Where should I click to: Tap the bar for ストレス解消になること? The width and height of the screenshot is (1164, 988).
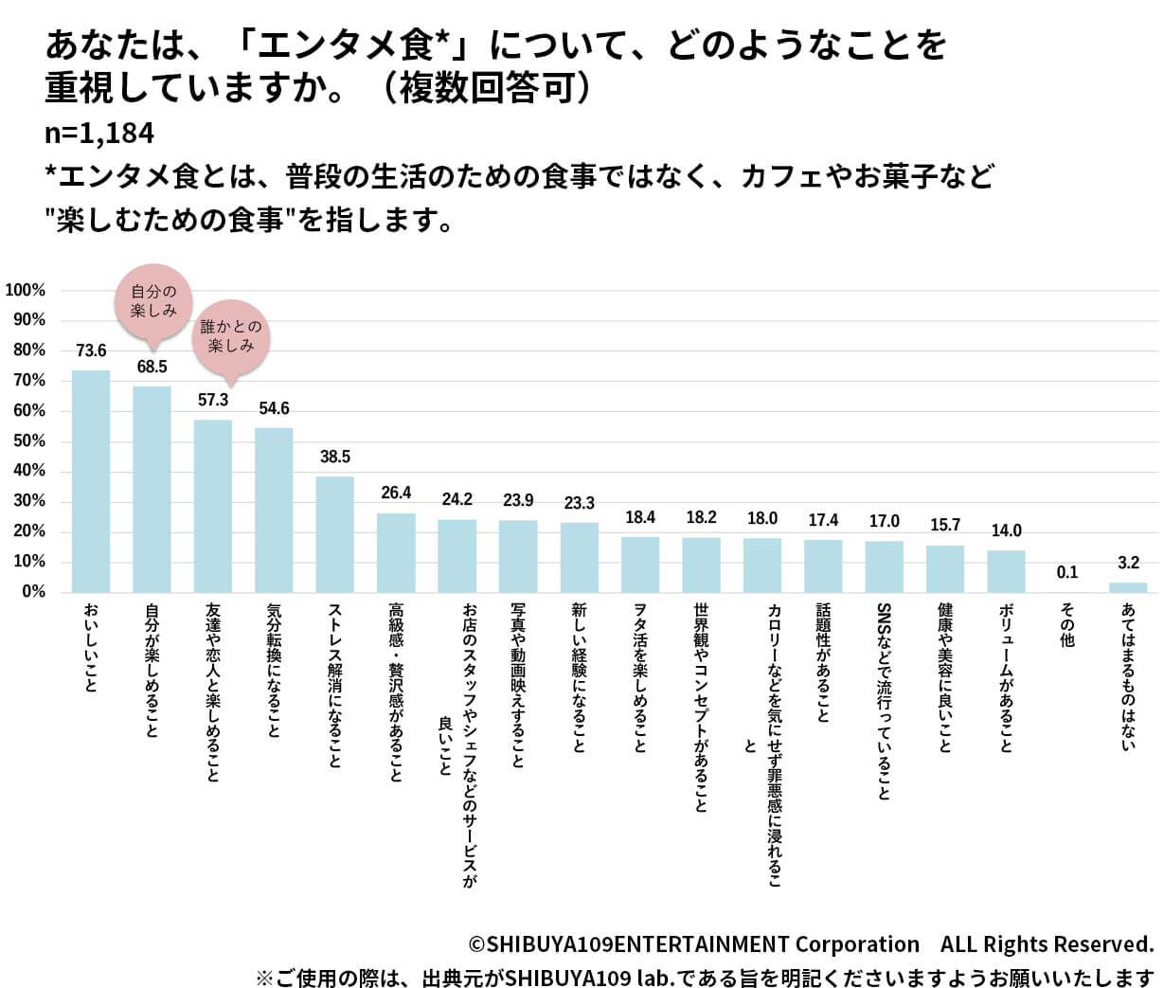click(334, 534)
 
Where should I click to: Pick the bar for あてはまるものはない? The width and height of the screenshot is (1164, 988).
click(1128, 587)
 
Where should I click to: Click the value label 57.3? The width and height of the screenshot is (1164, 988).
click(213, 401)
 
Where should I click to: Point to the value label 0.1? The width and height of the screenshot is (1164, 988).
click(1067, 572)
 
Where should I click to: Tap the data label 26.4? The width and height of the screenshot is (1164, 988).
click(396, 493)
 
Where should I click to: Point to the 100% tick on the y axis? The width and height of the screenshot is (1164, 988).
click(26, 290)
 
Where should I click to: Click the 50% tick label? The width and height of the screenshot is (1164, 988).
click(29, 441)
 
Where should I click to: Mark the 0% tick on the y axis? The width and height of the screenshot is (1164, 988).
click(33, 592)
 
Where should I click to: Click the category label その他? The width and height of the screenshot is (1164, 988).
click(1067, 626)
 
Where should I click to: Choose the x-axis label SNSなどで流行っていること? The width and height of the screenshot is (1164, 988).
click(884, 701)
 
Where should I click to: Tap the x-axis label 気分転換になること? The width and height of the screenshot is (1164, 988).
click(274, 677)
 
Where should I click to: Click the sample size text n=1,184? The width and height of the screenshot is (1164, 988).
click(99, 134)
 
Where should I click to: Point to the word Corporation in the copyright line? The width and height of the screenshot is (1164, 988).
click(856, 944)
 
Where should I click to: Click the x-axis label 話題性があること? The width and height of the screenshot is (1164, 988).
click(823, 663)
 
